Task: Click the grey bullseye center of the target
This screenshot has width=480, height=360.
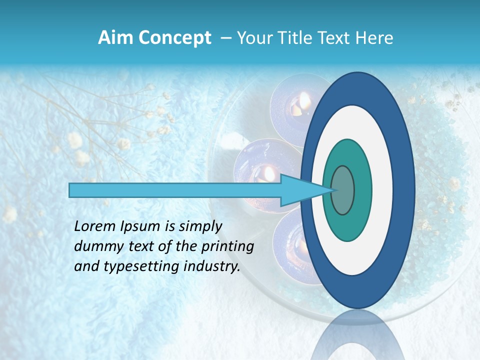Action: pyautogui.click(x=343, y=190)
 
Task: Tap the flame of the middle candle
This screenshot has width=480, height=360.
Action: pyautogui.click(x=268, y=173)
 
